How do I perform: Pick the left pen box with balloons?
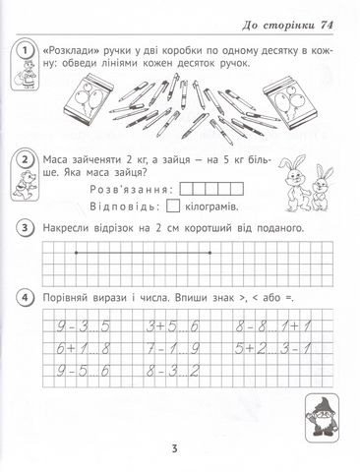pos(71,104)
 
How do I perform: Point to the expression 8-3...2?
pos(174,370)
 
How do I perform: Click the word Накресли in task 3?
pos(75,228)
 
